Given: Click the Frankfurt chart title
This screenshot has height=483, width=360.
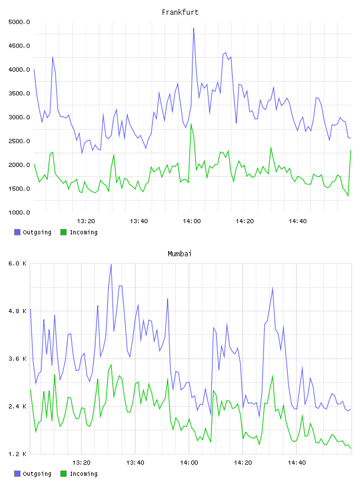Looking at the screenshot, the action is coord(180,12).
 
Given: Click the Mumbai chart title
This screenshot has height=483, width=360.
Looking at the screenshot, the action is coord(179,254).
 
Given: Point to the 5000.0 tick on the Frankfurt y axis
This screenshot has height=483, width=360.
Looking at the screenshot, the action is coord(19,22).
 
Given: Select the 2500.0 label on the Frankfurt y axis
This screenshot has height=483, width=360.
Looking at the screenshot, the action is coord(19,141).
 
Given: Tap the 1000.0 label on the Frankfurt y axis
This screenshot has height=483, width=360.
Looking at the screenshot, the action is coord(19,212).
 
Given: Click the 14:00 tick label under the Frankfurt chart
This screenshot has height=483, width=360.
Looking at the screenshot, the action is coord(192,221).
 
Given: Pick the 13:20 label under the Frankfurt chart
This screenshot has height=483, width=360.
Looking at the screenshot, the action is coord(86,221).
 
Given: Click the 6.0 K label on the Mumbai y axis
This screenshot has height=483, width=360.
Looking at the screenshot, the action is coord(18,263).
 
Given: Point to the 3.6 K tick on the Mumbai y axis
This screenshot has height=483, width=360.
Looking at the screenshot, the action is coord(18,359).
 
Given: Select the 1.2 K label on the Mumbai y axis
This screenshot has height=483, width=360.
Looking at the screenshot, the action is coord(18,454).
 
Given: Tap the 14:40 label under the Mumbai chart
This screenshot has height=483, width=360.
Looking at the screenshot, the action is coord(297,463).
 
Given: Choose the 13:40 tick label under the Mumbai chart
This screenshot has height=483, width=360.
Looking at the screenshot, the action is coord(136,463).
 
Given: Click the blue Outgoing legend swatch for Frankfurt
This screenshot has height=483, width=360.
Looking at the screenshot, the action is coord(17,232).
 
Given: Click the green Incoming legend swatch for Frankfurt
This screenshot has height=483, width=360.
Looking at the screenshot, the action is coord(63,232).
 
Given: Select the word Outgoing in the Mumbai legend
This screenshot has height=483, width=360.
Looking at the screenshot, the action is coord(37,474).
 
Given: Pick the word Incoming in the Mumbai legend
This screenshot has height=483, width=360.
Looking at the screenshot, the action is coord(83,474).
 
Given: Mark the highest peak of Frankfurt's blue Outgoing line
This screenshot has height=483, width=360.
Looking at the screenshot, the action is coord(194,28).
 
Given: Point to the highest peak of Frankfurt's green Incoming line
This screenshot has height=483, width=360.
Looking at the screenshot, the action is coord(191,124).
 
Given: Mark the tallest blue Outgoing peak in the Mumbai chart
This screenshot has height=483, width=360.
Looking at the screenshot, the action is coord(111,265).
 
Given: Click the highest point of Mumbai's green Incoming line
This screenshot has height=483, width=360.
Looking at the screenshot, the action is coord(111,365).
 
